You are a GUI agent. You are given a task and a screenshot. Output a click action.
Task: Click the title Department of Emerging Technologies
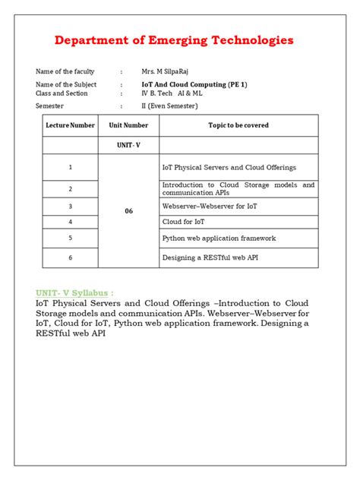tap(174, 40)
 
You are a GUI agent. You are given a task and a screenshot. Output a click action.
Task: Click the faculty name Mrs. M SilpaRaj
tap(166, 71)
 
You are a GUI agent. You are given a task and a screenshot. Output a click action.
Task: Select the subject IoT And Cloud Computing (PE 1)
tap(193, 85)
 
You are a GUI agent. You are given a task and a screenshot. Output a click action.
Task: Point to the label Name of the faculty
tap(65, 71)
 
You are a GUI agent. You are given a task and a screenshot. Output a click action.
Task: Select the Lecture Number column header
tap(71, 125)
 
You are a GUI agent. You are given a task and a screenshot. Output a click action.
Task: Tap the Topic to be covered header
tap(238, 125)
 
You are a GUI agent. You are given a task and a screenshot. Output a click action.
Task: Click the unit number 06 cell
tap(128, 211)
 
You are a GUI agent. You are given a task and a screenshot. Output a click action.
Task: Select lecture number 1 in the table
tap(71, 167)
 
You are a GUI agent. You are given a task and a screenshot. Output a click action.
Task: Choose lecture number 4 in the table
tap(71, 222)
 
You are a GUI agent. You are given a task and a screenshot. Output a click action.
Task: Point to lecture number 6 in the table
tap(71, 258)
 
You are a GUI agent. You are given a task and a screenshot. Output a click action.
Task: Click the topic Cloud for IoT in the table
tap(183, 222)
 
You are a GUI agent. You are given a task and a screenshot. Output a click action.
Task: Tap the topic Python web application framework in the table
tap(219, 238)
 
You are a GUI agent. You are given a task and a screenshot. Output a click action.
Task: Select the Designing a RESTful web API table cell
tap(210, 258)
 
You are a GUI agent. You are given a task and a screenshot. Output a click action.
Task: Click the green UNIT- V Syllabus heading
tap(74, 292)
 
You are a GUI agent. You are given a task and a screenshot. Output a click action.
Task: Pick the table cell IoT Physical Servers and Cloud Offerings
tap(229, 167)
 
